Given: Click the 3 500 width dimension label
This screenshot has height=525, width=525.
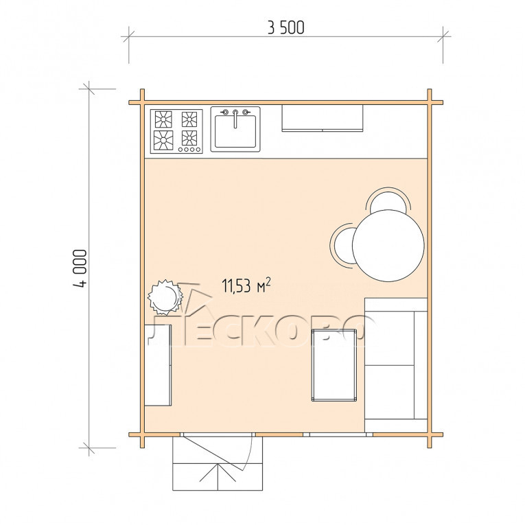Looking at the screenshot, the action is point(286,27).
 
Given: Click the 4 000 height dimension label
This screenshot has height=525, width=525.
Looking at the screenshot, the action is point(80,268).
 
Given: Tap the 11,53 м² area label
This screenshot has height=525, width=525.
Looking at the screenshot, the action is point(246,285).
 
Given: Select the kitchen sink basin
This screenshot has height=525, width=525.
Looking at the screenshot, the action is point(235,131).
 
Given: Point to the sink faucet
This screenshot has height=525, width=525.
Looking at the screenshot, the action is point(235,117).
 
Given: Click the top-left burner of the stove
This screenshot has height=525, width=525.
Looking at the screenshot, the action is point(163,119).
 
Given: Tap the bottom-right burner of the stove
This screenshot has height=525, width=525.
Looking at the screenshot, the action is point(189,138).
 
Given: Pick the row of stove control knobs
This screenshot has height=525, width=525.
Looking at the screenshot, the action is point(189,150).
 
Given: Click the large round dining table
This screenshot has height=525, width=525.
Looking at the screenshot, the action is point(388,246).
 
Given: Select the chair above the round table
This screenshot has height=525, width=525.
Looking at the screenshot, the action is point(388,199).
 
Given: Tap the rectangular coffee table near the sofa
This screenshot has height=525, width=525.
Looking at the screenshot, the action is point(334,365).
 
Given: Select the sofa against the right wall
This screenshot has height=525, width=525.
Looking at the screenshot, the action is point(396,364).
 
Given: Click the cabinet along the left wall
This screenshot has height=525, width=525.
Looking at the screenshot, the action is point(158,365).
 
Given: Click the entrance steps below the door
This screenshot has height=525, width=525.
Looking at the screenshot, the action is point(218,476).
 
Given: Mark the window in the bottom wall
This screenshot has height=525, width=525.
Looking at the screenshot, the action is point(338,434).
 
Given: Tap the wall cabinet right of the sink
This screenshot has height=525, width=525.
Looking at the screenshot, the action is point(322,118).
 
